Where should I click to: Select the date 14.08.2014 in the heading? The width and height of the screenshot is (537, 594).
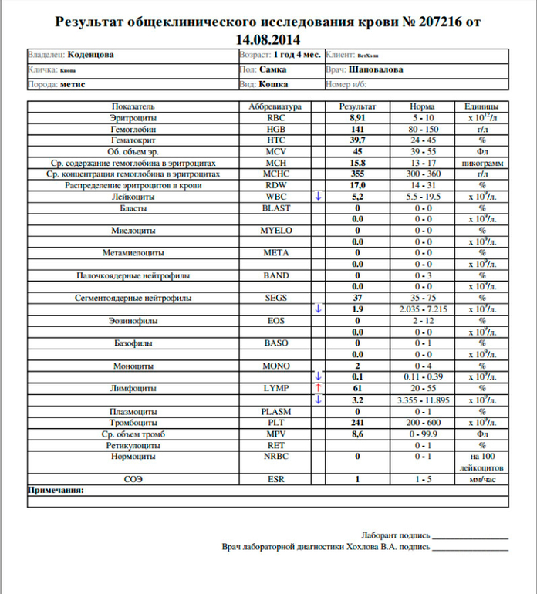tap(269, 39)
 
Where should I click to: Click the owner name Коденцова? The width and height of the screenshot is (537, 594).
tap(92, 56)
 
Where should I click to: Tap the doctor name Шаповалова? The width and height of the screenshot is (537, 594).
tap(376, 69)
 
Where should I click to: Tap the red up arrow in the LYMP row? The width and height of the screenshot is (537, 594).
tap(316, 388)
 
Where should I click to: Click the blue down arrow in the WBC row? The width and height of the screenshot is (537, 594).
tap(316, 197)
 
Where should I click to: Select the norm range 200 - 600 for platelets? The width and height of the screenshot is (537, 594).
tap(424, 423)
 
